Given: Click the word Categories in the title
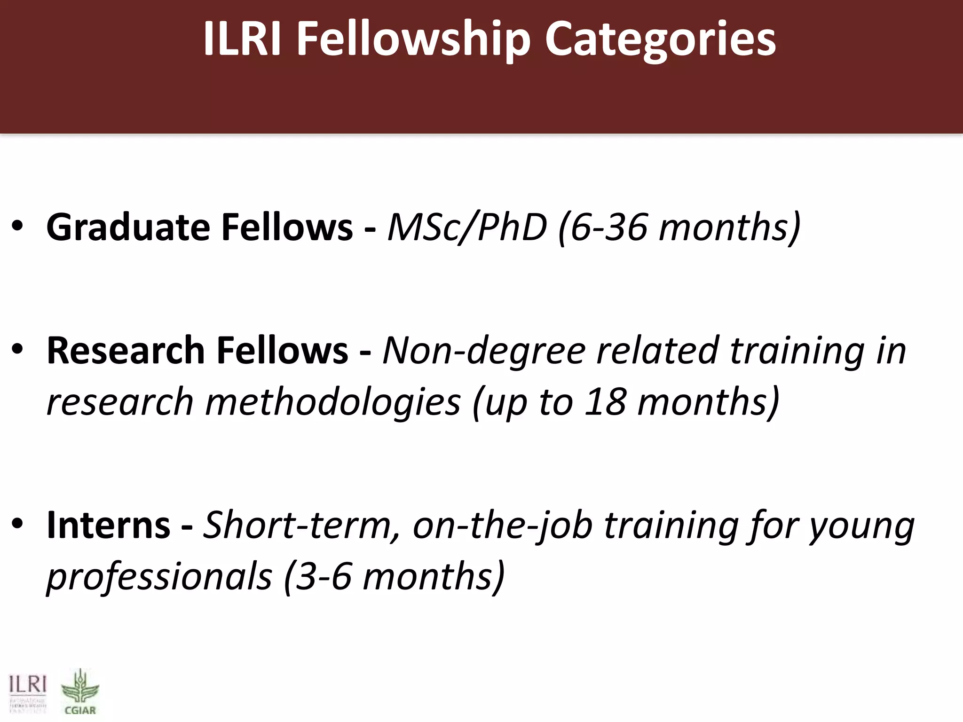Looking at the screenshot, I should [660, 40].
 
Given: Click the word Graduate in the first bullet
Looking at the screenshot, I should [128, 228].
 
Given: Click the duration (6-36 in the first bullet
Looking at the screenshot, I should [602, 228].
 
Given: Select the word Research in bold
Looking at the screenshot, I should [126, 351].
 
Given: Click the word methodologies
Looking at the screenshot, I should [333, 402].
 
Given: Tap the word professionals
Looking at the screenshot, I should [159, 576].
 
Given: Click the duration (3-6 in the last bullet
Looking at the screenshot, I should [318, 576].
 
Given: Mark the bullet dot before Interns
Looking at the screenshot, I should [17, 525].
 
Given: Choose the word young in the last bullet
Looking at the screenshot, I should [861, 526].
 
